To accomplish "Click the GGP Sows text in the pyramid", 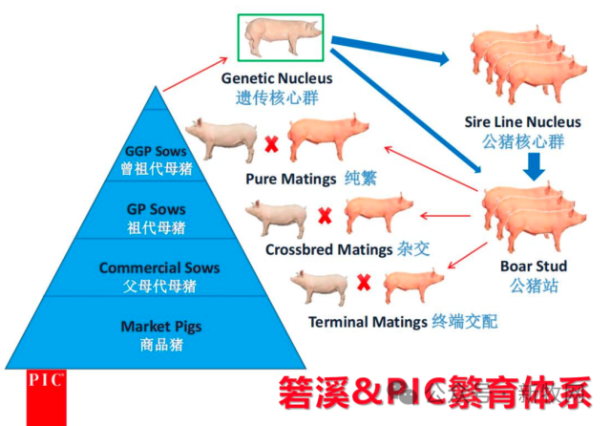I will coord(158,152).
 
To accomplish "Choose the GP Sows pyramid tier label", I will coord(156,209).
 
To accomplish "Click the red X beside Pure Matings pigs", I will coord(271,144).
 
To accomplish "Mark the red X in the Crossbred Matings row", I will coord(324,216).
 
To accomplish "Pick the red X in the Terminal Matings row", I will coord(363,283).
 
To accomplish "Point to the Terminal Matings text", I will coord(368,322).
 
